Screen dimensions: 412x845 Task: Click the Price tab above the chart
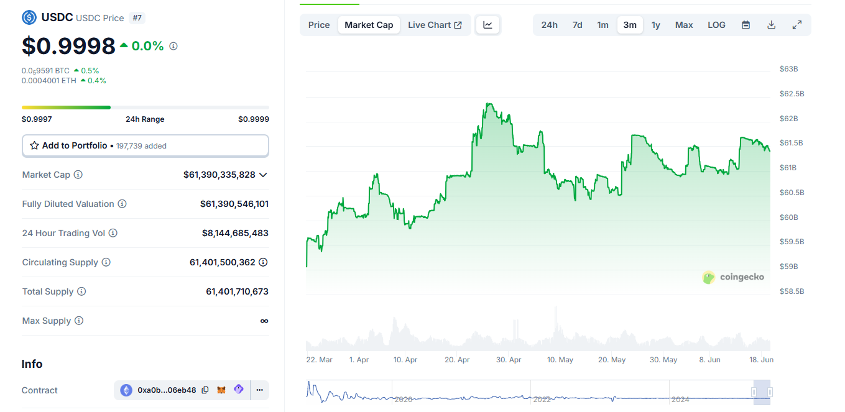(x=319, y=25)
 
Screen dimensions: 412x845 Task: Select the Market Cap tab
(x=369, y=25)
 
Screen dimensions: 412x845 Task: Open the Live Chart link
(x=435, y=25)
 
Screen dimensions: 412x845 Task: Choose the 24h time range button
(x=549, y=25)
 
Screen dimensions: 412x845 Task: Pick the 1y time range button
(x=655, y=25)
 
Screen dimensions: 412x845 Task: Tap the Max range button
(x=684, y=25)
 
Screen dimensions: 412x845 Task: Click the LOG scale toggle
(x=716, y=25)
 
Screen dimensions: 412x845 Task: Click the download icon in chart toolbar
(x=771, y=25)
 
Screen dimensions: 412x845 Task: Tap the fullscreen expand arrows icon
(x=797, y=25)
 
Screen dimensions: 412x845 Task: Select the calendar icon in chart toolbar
(x=746, y=25)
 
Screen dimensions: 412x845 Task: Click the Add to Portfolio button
(x=145, y=145)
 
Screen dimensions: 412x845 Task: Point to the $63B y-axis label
(x=788, y=69)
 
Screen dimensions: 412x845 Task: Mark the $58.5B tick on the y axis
(x=792, y=291)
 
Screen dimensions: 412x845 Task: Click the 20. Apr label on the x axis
(x=457, y=360)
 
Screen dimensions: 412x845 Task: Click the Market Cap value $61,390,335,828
(x=219, y=175)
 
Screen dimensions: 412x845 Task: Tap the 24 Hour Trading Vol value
(x=235, y=233)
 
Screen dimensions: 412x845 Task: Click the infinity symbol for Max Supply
(x=264, y=321)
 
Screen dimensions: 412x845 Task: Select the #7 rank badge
(x=137, y=18)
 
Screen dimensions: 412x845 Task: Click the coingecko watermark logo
(x=733, y=277)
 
